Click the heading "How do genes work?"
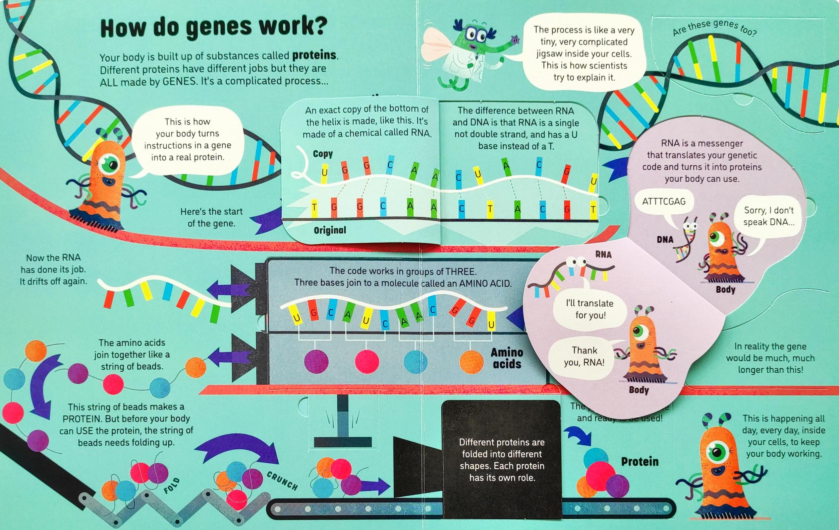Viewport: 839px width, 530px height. point(214,28)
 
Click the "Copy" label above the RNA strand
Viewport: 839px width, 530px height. point(323,154)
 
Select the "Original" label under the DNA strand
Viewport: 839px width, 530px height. point(330,230)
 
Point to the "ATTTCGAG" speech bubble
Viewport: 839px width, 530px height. point(664,202)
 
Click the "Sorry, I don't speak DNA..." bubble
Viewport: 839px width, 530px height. point(769,216)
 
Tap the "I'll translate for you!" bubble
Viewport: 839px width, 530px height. point(590,309)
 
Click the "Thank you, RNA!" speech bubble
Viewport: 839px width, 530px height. point(584,356)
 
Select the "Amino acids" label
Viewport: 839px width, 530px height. point(507,358)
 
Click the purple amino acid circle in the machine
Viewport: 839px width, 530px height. point(316,361)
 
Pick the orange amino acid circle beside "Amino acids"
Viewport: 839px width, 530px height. point(472,362)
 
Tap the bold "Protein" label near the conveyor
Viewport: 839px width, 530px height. point(640,462)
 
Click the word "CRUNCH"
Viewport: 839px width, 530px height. point(282,481)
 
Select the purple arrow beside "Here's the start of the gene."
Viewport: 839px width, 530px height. point(268,219)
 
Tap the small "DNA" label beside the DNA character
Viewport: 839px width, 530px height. point(665,240)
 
